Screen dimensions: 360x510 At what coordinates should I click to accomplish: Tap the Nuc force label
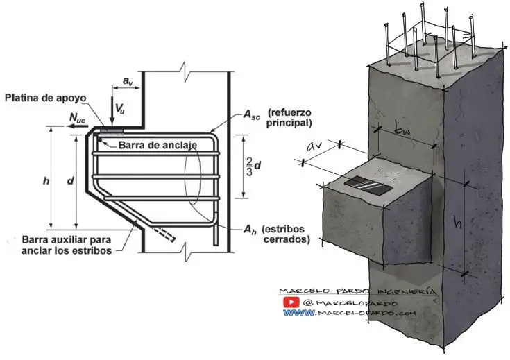77,120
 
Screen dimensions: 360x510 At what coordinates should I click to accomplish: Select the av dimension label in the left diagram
128,82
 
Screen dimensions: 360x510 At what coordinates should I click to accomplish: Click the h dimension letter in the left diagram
46,182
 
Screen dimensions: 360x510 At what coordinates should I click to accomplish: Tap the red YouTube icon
291,302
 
